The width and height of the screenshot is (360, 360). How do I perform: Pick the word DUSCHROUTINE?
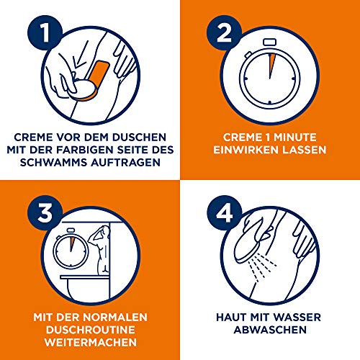[x=89, y=329]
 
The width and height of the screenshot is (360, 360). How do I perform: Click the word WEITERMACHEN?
[x=89, y=343]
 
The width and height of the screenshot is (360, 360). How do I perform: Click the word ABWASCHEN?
[x=269, y=329]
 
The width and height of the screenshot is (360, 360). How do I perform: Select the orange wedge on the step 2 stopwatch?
[x=271, y=69]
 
